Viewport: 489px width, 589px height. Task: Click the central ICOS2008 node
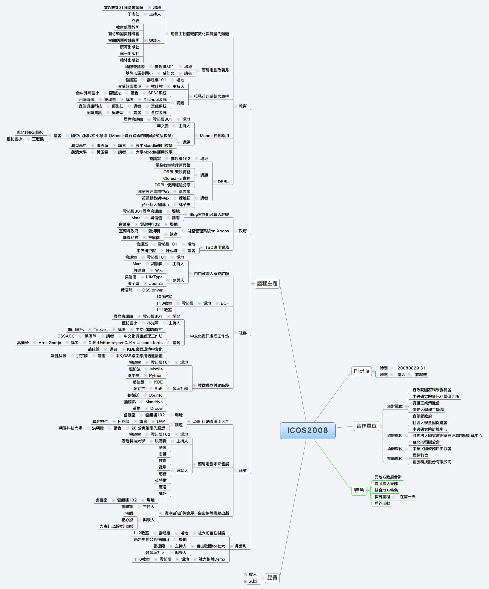(308, 430)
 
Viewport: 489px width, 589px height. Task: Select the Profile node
(361, 371)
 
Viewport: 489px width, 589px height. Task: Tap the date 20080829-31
(411, 368)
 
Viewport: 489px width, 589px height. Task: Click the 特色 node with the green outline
(359, 490)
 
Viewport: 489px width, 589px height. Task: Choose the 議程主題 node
(267, 283)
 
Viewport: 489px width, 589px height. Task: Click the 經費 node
(272, 578)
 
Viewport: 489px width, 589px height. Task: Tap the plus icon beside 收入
(245, 574)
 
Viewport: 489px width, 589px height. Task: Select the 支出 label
(253, 581)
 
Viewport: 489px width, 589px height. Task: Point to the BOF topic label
(225, 303)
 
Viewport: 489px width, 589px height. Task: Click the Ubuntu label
(155, 395)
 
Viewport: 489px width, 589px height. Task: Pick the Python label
(156, 375)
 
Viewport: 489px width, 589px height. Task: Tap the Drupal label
(156, 408)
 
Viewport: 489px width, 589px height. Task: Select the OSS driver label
(152, 290)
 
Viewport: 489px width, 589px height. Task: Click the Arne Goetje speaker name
(50, 343)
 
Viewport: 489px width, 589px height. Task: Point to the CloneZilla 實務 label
(177, 178)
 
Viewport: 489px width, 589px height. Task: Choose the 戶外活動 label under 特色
(382, 503)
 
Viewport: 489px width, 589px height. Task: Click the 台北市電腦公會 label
(426, 442)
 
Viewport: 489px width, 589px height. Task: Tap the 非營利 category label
(241, 546)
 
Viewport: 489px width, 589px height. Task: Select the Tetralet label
(101, 329)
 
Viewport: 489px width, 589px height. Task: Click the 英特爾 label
(163, 480)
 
